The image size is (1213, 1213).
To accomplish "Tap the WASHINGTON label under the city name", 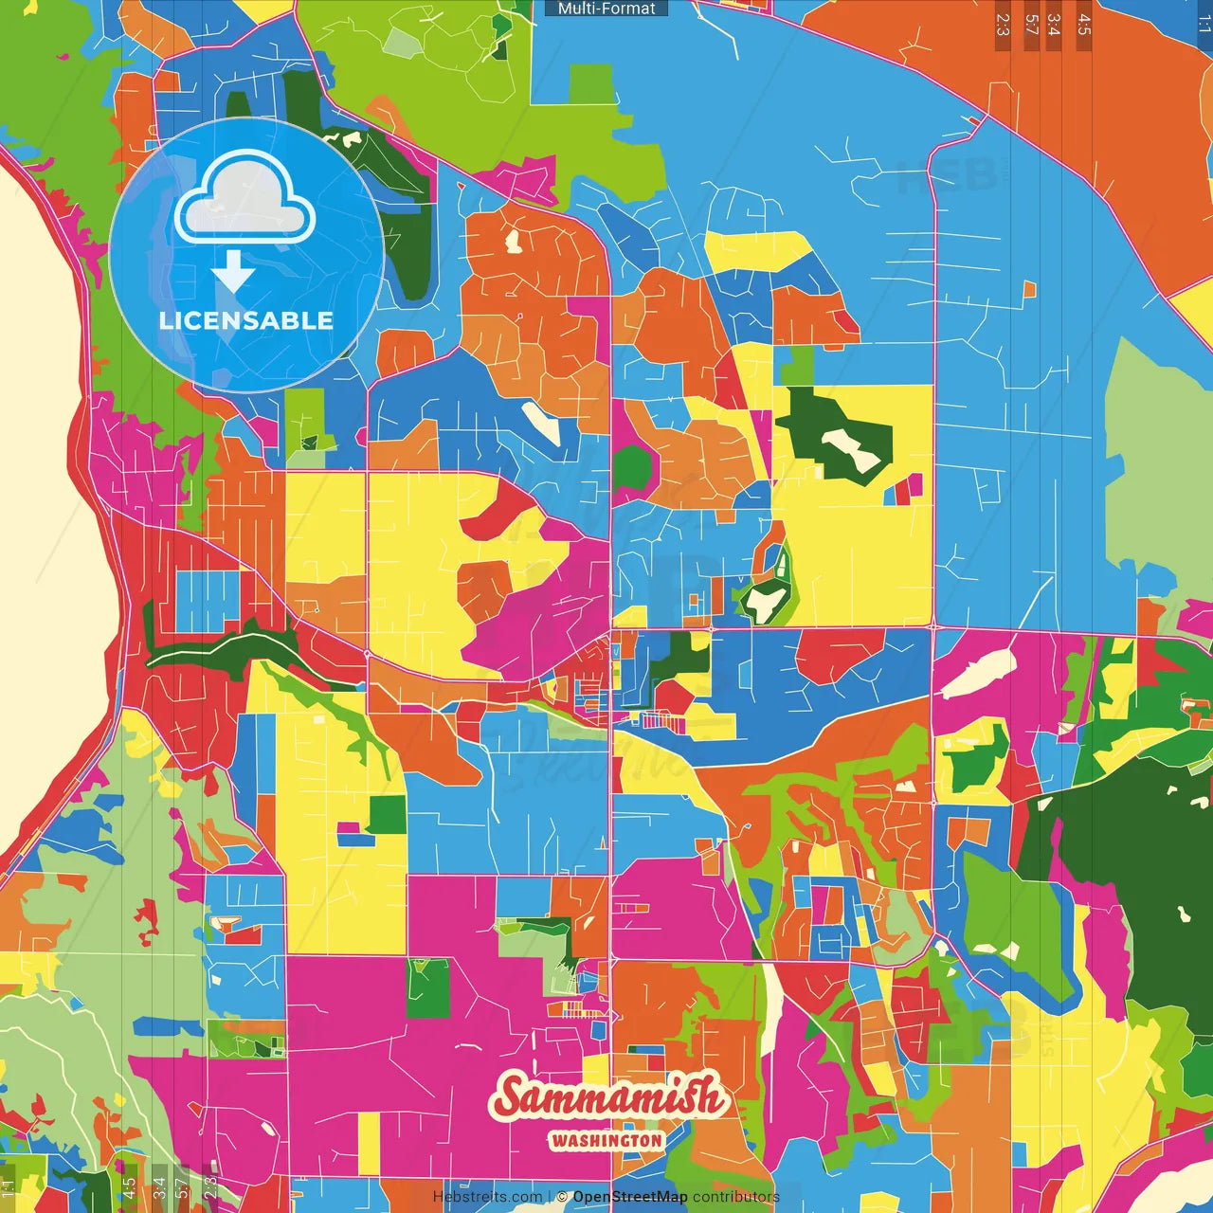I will click(x=606, y=1140).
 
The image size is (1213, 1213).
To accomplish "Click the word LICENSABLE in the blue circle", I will click(x=246, y=320).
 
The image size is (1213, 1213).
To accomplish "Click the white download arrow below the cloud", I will click(x=233, y=273).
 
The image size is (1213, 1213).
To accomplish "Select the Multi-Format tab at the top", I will click(x=606, y=9).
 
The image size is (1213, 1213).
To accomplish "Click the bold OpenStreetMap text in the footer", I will click(x=629, y=1197).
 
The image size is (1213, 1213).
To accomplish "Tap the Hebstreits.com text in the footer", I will click(x=487, y=1197).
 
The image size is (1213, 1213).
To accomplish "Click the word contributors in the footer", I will click(x=736, y=1197).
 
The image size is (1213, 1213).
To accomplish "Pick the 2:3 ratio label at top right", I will click(x=1003, y=25).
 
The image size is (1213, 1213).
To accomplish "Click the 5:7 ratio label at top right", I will click(x=1031, y=25).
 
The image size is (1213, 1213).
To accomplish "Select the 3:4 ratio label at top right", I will click(x=1054, y=25).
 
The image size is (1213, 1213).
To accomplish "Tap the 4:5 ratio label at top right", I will click(x=1084, y=25).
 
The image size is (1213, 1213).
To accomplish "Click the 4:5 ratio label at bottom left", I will click(x=129, y=1187).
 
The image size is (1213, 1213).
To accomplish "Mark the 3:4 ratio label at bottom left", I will click(x=159, y=1187).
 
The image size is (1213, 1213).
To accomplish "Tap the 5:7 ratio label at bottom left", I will click(x=182, y=1187).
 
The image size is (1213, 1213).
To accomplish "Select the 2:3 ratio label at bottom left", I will click(x=210, y=1187).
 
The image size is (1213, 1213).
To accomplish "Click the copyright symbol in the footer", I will click(x=562, y=1197).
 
